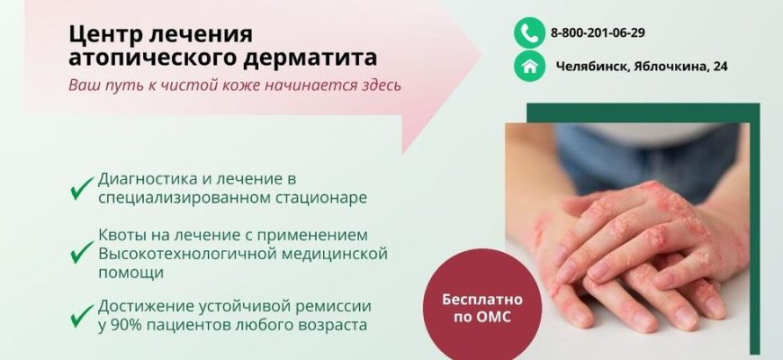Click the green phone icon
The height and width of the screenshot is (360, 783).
point(529,33)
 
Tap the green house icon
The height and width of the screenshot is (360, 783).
point(529,66)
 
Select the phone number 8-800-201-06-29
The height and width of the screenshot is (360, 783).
point(598,33)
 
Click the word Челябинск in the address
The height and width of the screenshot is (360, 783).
point(591,67)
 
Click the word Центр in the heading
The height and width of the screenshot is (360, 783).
point(106,34)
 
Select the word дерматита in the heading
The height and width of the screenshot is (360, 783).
point(310,58)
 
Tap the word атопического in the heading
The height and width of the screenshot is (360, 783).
point(153,58)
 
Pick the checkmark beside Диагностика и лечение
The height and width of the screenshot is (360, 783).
point(82,188)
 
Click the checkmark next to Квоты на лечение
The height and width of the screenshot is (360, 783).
point(82,252)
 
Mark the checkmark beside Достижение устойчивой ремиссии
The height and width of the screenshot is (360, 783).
point(82,316)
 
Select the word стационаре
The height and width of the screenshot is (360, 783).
point(321,198)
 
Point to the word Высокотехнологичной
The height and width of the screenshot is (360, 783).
point(187,254)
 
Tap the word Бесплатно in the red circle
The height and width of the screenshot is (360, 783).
point(481,300)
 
